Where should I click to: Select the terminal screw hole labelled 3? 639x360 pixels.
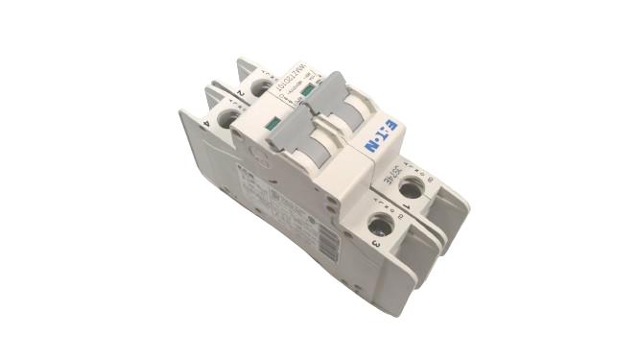380,227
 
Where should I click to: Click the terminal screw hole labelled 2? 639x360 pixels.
261,87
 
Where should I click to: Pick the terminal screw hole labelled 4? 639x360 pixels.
228,119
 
